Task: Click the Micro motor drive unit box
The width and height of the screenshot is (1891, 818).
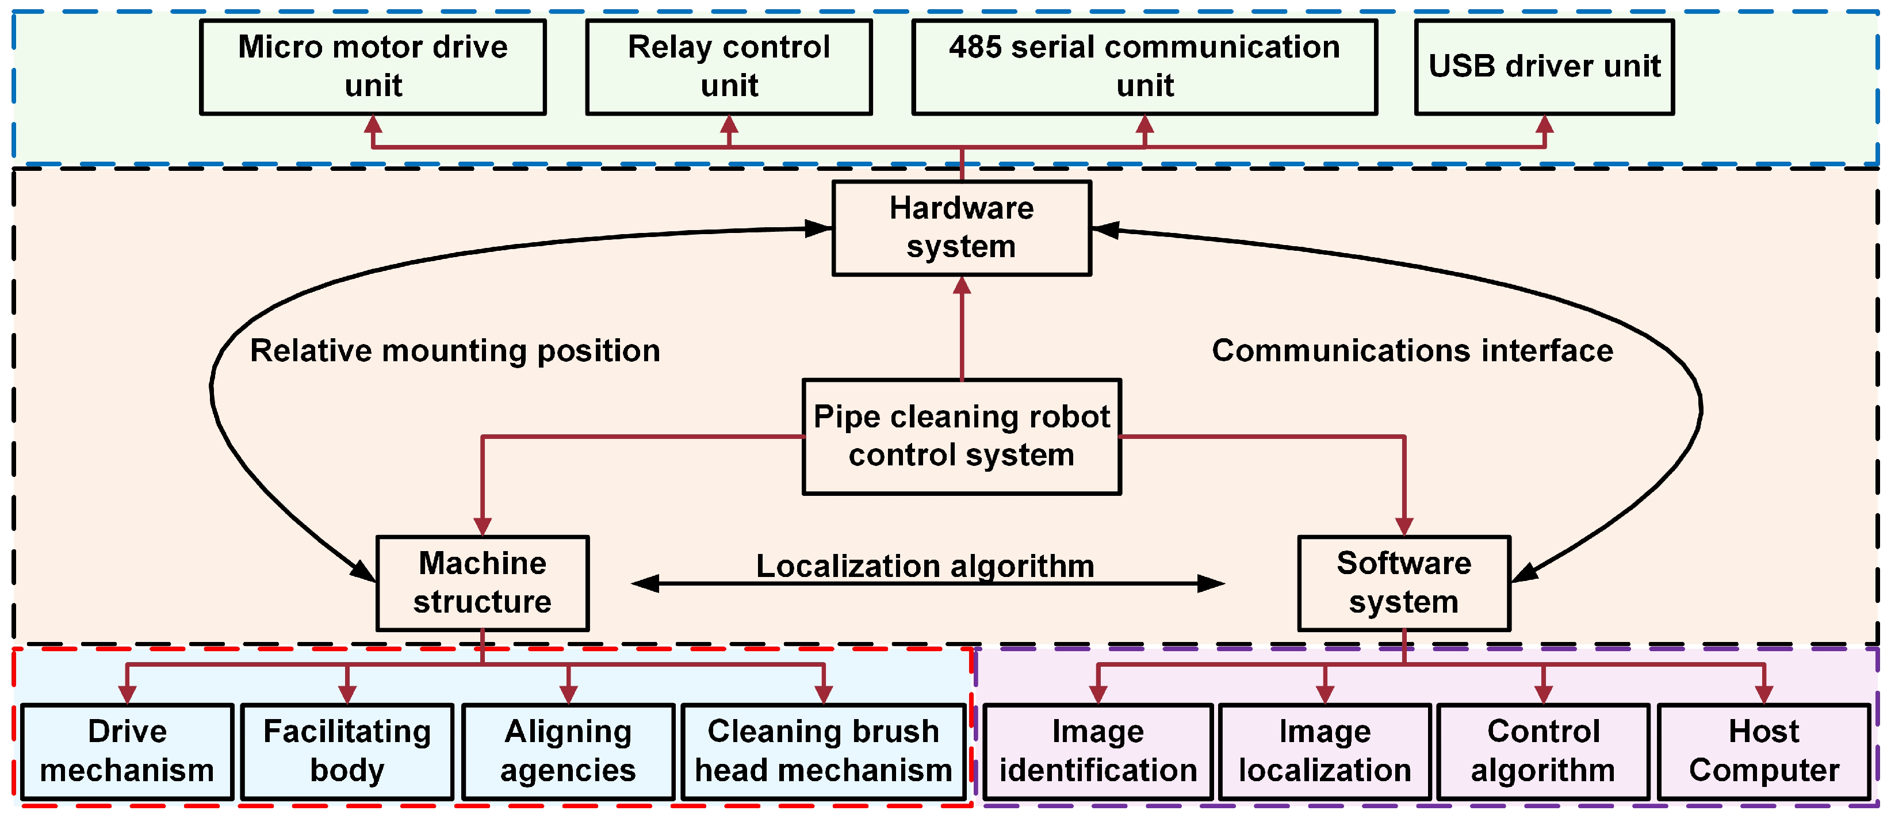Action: tap(373, 67)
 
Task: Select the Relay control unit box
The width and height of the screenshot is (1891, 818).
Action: tap(728, 67)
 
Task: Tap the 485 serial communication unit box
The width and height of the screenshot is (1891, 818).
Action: tap(1144, 67)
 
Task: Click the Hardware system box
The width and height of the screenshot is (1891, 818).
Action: tap(961, 228)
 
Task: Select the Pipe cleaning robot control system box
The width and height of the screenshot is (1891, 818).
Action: tap(961, 436)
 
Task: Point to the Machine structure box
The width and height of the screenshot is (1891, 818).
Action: tap(483, 583)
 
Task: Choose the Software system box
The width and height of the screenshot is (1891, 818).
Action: tap(1403, 583)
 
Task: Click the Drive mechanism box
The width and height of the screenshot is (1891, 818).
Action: tap(127, 751)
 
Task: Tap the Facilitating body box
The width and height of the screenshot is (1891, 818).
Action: tap(347, 751)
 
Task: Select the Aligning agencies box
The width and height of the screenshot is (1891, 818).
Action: tap(568, 751)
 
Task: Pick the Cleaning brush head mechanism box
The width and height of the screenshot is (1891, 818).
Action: tap(823, 751)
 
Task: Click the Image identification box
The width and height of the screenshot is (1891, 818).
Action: tap(1097, 751)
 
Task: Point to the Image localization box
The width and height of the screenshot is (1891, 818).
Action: tap(1325, 751)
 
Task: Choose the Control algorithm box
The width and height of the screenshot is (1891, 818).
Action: tap(1543, 751)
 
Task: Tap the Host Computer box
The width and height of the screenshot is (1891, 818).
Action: tap(1763, 751)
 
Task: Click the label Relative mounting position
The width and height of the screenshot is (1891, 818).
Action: tap(455, 351)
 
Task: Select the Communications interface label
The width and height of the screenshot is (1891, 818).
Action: tap(1412, 351)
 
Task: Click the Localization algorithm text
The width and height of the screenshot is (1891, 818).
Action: tap(925, 565)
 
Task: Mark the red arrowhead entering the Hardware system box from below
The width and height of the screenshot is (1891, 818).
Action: tap(962, 286)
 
